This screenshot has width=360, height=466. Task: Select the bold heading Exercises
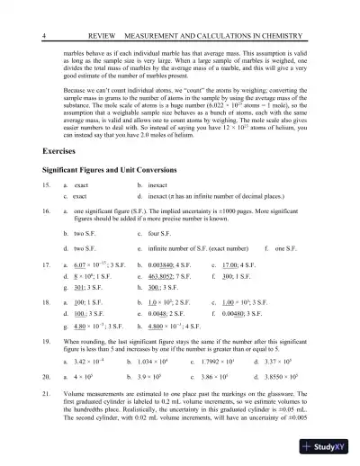coord(59,151)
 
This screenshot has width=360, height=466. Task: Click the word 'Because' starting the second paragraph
coord(77,91)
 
